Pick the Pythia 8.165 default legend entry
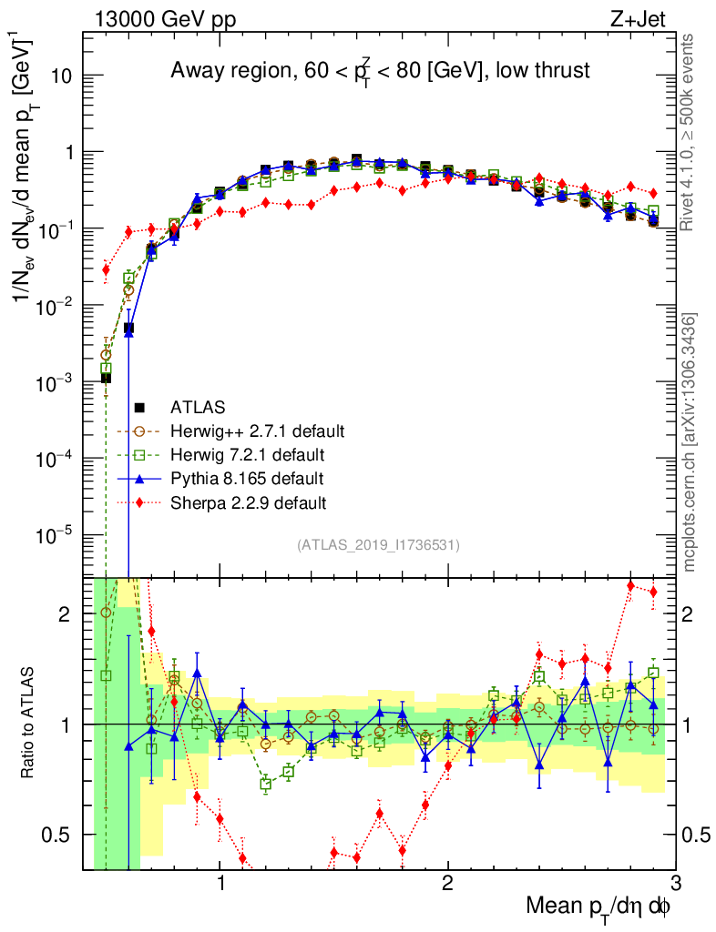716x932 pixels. click(x=247, y=478)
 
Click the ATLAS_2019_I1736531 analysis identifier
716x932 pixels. click(x=378, y=545)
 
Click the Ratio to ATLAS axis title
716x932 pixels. click(x=27, y=724)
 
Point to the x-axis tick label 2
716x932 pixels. click(x=447, y=883)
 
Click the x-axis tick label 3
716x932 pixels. click(x=675, y=883)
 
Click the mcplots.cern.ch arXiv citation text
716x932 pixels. click(x=690, y=442)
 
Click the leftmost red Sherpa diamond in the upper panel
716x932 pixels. click(x=106, y=269)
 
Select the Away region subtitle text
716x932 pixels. click(x=381, y=71)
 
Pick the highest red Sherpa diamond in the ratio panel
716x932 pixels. click(x=630, y=586)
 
